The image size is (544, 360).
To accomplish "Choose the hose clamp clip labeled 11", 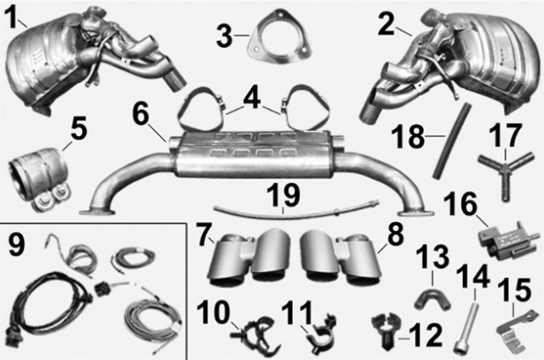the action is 321,335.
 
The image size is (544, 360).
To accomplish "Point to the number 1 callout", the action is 12,17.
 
